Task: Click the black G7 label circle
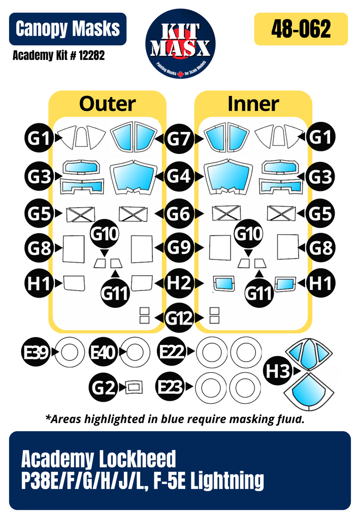click(x=180, y=138)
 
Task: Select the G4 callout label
click(x=180, y=177)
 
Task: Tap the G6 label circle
click(x=180, y=214)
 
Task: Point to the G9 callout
click(x=180, y=248)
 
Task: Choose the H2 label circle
click(x=180, y=282)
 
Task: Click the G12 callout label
click(x=180, y=318)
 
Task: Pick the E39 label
click(x=36, y=351)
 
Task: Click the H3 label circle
click(x=278, y=371)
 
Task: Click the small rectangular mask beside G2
click(x=134, y=387)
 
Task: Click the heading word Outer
click(x=107, y=104)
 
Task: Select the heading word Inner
click(x=253, y=104)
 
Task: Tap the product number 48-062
click(x=301, y=29)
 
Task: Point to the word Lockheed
click(x=135, y=459)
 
